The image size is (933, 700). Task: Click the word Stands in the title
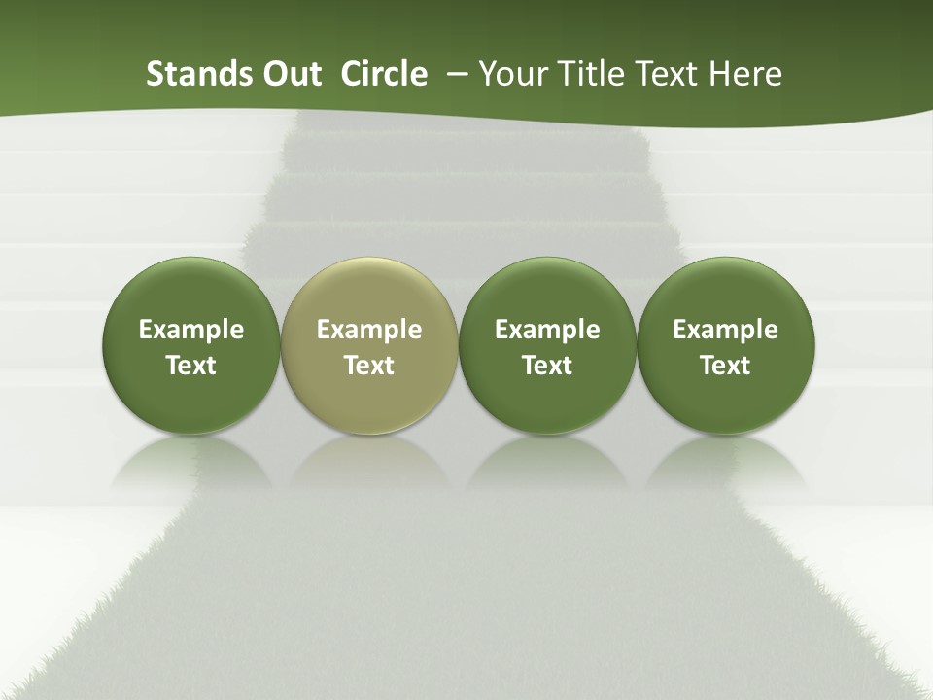[191, 74]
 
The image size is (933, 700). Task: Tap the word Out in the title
[290, 74]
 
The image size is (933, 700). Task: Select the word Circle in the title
[384, 74]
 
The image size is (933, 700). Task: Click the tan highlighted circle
[369, 345]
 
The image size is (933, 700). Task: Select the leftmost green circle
[190, 345]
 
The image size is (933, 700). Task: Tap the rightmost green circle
[726, 345]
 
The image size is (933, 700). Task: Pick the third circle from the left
[547, 345]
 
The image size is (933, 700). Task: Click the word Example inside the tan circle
[369, 330]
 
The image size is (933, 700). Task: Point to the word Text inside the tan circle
[369, 366]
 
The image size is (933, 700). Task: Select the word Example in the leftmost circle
[191, 330]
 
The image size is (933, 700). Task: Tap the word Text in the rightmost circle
[726, 366]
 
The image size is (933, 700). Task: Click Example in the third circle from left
[547, 330]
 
